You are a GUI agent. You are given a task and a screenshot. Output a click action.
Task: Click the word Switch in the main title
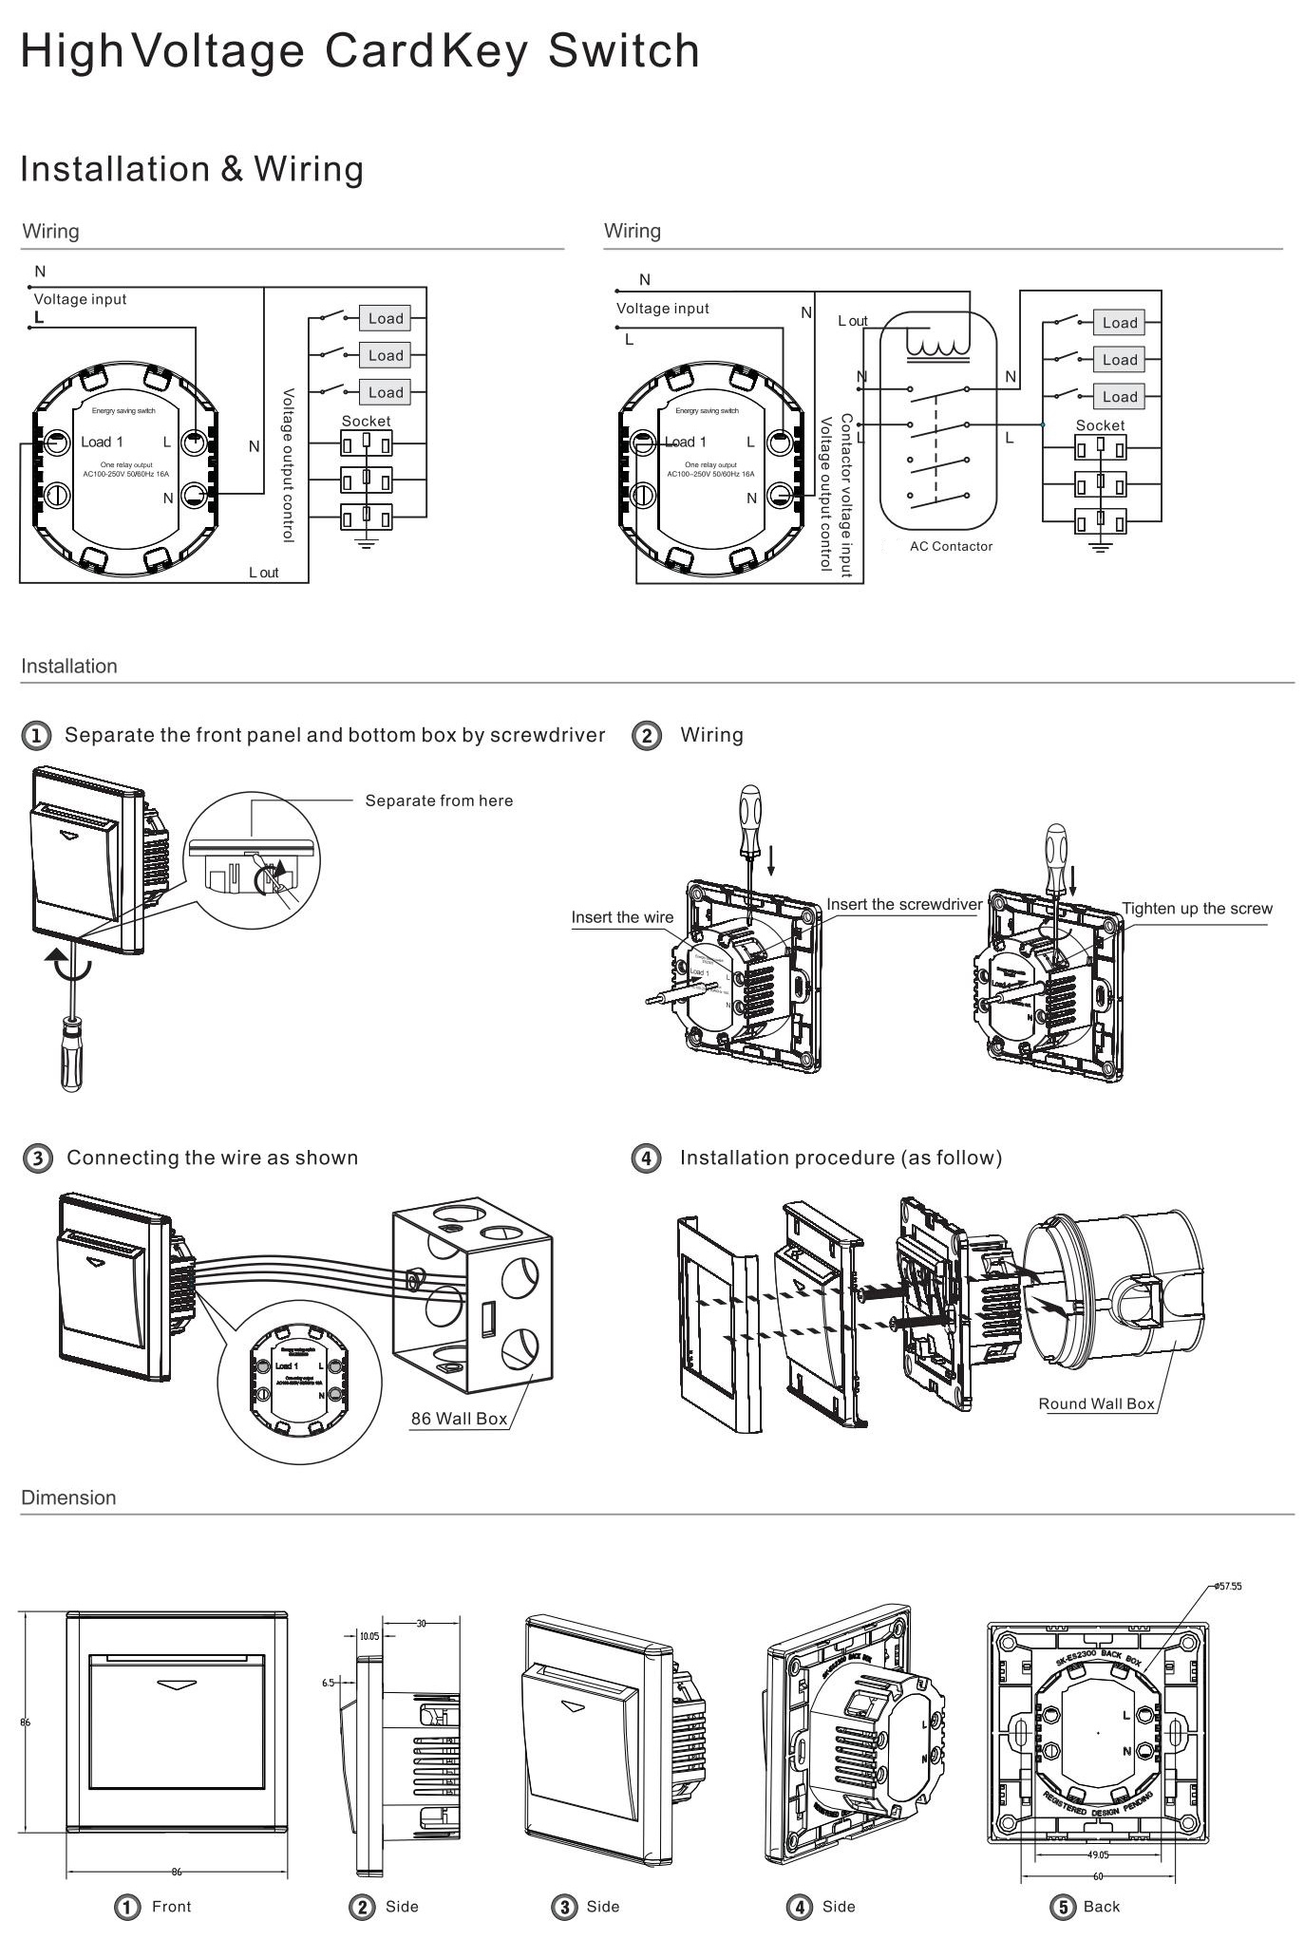(623, 51)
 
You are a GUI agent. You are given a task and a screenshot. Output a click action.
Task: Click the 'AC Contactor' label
(951, 546)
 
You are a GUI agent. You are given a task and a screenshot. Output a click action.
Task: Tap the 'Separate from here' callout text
(439, 800)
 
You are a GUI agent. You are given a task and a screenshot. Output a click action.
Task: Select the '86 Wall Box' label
(459, 1419)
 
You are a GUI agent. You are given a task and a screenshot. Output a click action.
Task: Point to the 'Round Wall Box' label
(1096, 1403)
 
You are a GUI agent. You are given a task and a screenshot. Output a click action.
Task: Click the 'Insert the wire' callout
(622, 917)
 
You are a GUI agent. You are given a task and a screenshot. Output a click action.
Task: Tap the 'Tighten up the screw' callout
(1197, 908)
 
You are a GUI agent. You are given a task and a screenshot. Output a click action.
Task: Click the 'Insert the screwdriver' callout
(903, 904)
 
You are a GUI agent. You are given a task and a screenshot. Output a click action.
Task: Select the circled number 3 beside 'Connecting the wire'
(37, 1158)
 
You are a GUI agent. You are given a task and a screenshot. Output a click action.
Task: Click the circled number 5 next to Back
(1061, 1906)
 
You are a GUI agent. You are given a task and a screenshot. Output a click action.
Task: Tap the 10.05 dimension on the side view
(369, 1636)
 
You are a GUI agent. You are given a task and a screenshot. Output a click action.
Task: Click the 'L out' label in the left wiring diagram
(264, 573)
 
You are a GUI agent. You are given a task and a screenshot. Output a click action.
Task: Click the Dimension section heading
(68, 1497)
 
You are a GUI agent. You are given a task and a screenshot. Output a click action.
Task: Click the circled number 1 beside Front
(127, 1906)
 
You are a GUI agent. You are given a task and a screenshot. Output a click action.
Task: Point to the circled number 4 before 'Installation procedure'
(646, 1158)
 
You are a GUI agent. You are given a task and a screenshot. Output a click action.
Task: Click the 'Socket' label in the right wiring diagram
(1100, 425)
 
